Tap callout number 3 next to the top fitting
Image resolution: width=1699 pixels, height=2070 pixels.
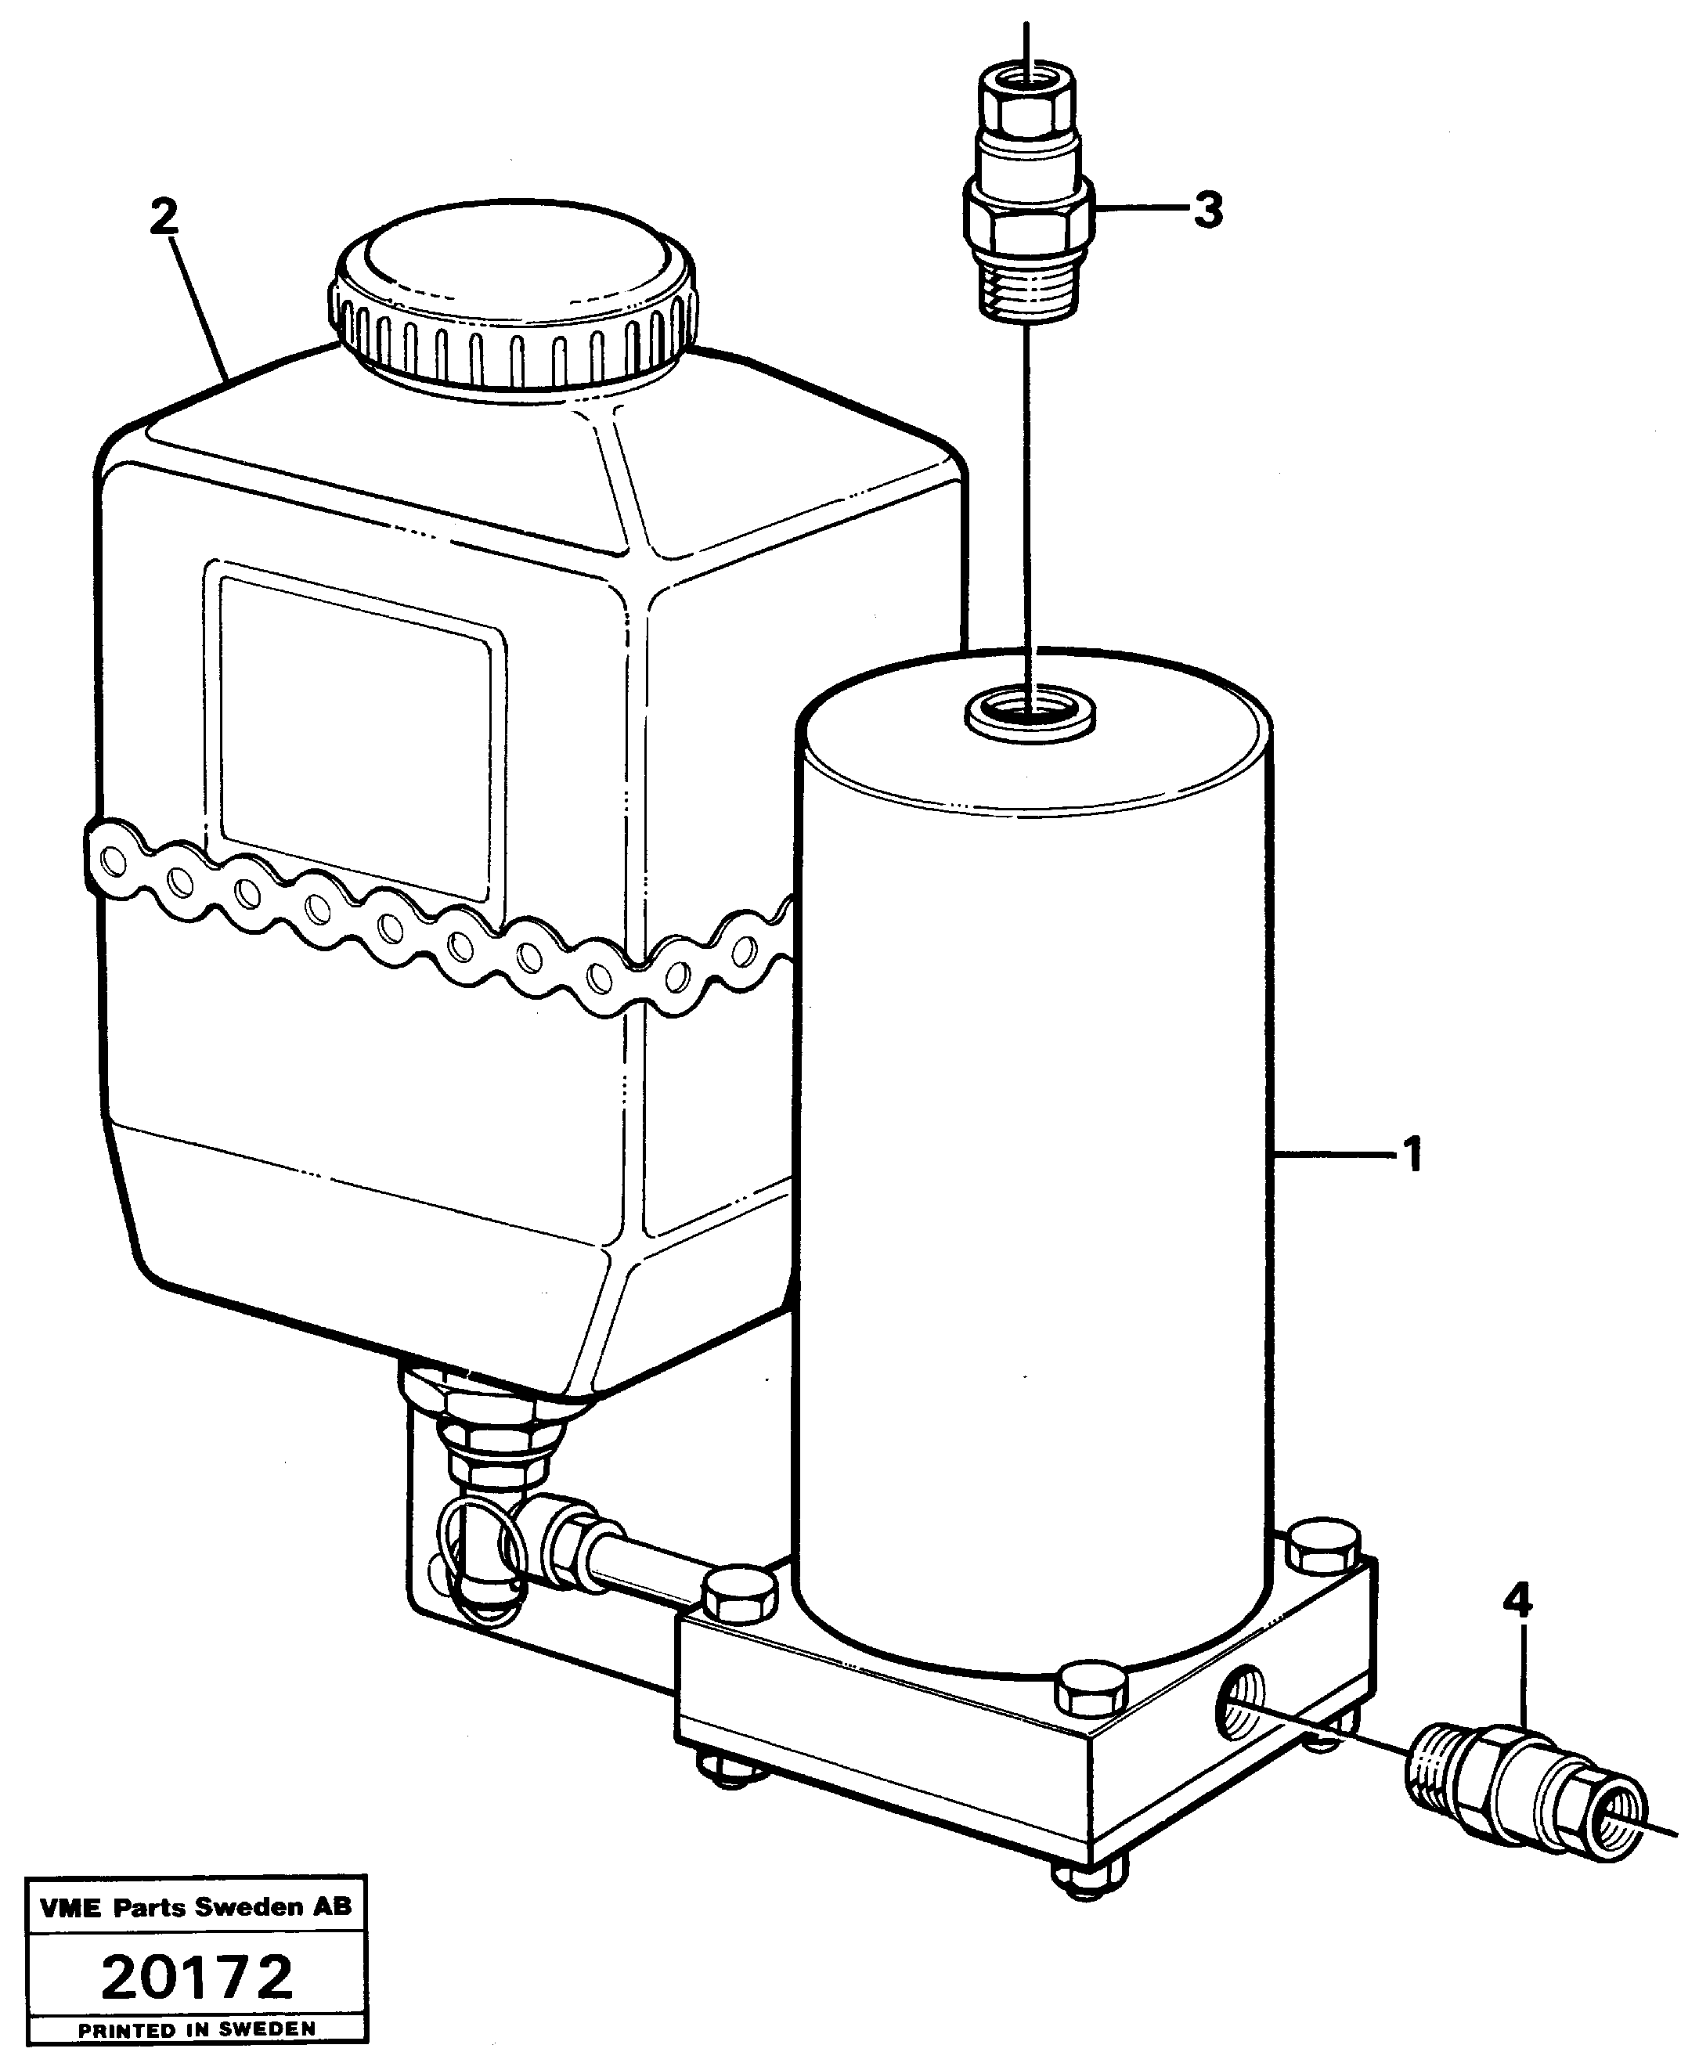[x=1209, y=210]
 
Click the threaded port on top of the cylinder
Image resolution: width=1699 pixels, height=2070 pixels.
[x=1030, y=709]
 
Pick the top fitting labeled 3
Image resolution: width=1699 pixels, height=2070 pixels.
[x=1026, y=196]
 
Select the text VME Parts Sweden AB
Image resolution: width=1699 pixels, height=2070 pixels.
[x=196, y=1906]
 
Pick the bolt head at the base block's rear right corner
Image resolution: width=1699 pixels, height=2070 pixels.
[x=1323, y=1547]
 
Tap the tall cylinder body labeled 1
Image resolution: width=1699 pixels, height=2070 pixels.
[x=1033, y=1174]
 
